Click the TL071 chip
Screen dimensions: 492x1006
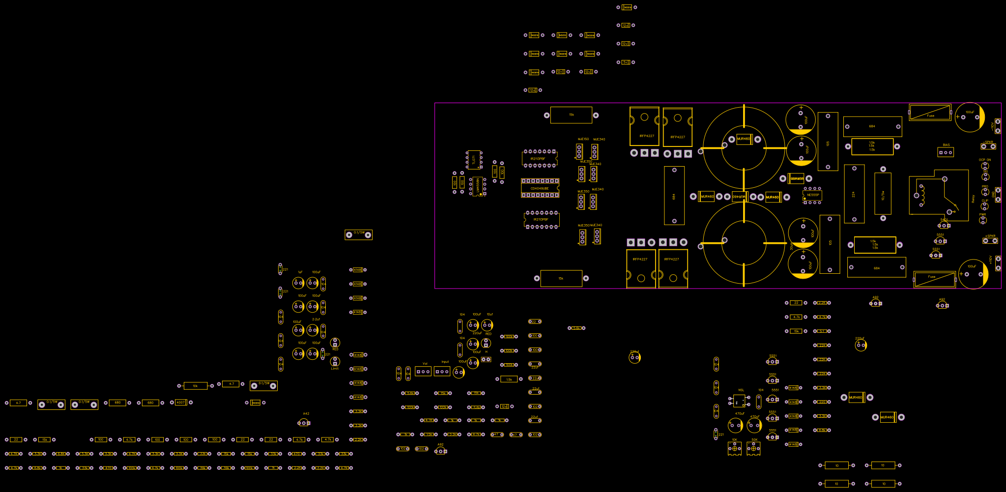[x=474, y=160]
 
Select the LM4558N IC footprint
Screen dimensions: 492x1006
[x=477, y=186]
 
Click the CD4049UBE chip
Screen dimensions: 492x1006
[x=540, y=188]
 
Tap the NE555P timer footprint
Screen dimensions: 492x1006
[x=812, y=195]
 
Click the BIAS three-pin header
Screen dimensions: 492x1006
[x=946, y=152]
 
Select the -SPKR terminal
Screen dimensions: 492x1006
[x=988, y=146]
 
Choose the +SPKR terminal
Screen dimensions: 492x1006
[x=990, y=241]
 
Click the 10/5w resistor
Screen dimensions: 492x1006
[x=883, y=195]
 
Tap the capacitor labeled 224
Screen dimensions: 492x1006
[x=854, y=194]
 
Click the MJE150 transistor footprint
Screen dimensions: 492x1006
[x=579, y=151]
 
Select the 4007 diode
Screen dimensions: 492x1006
[x=181, y=403]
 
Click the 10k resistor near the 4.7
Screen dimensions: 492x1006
[x=195, y=386]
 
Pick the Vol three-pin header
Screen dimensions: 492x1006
[x=423, y=372]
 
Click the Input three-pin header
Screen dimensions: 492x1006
[x=442, y=372]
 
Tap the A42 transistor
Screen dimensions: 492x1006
[x=304, y=423]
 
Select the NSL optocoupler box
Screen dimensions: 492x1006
[x=739, y=401]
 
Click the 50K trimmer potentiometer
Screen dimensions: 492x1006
[x=753, y=448]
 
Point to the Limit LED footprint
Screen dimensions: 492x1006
[x=335, y=362]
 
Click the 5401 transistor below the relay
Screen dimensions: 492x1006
[x=944, y=226]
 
